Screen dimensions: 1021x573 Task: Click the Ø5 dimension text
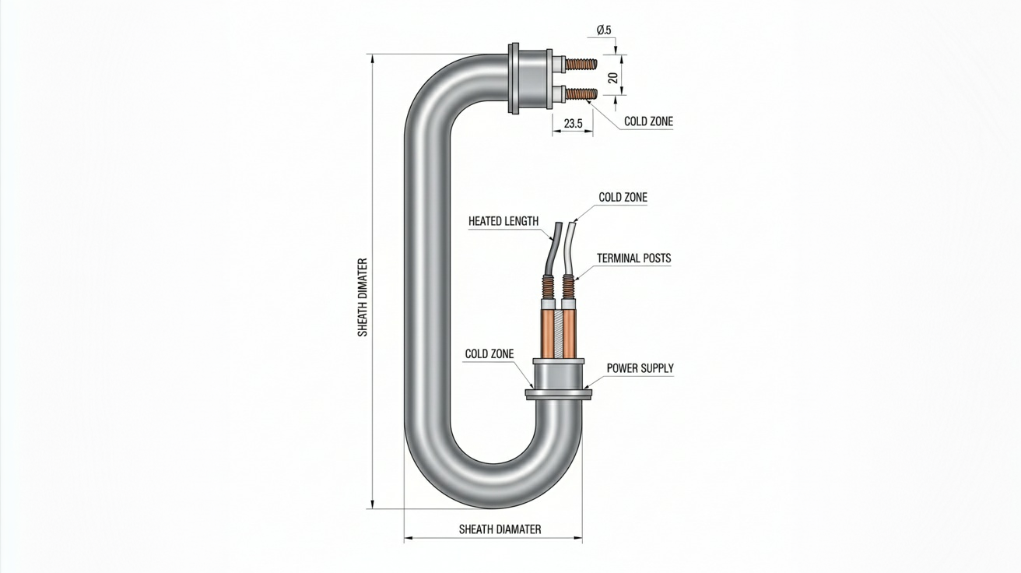coord(604,30)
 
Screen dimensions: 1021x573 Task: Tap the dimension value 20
coord(613,78)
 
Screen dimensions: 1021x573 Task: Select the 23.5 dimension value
coord(573,123)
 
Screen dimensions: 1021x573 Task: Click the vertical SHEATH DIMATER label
coord(363,297)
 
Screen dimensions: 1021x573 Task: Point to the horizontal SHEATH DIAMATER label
coord(500,529)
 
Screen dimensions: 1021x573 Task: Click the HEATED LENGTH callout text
coord(503,221)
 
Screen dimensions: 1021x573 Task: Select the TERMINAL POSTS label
coord(634,258)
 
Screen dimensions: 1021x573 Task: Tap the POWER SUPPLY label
coord(640,368)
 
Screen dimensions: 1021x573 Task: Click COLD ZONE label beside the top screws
coord(648,121)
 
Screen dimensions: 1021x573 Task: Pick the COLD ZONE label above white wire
coord(623,197)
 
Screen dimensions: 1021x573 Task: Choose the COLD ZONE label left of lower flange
coord(489,353)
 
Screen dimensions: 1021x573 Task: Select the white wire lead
coord(570,249)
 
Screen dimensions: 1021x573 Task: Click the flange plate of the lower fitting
coord(559,395)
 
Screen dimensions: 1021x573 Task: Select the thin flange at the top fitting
coord(514,79)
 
